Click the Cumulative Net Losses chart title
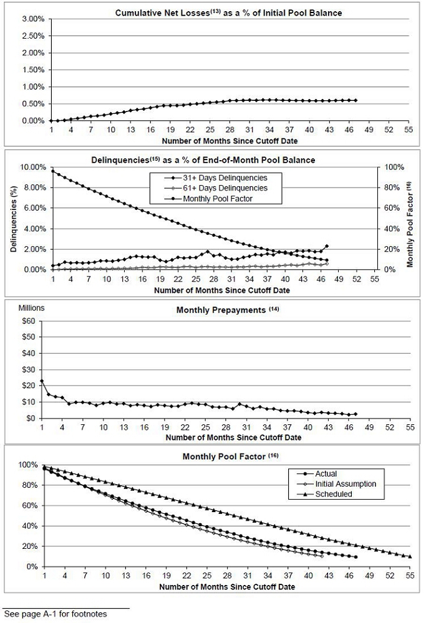point(228,13)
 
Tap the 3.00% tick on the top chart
point(34,19)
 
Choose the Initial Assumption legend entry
point(337,484)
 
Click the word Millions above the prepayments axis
point(31,308)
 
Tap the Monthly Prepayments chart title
point(228,310)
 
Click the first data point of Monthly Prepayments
point(42,381)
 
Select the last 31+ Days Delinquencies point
point(327,246)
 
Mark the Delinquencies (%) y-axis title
point(14,219)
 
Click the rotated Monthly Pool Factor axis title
point(410,224)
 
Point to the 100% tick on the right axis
point(394,167)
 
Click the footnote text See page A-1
point(56,614)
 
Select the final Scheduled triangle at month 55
point(410,556)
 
